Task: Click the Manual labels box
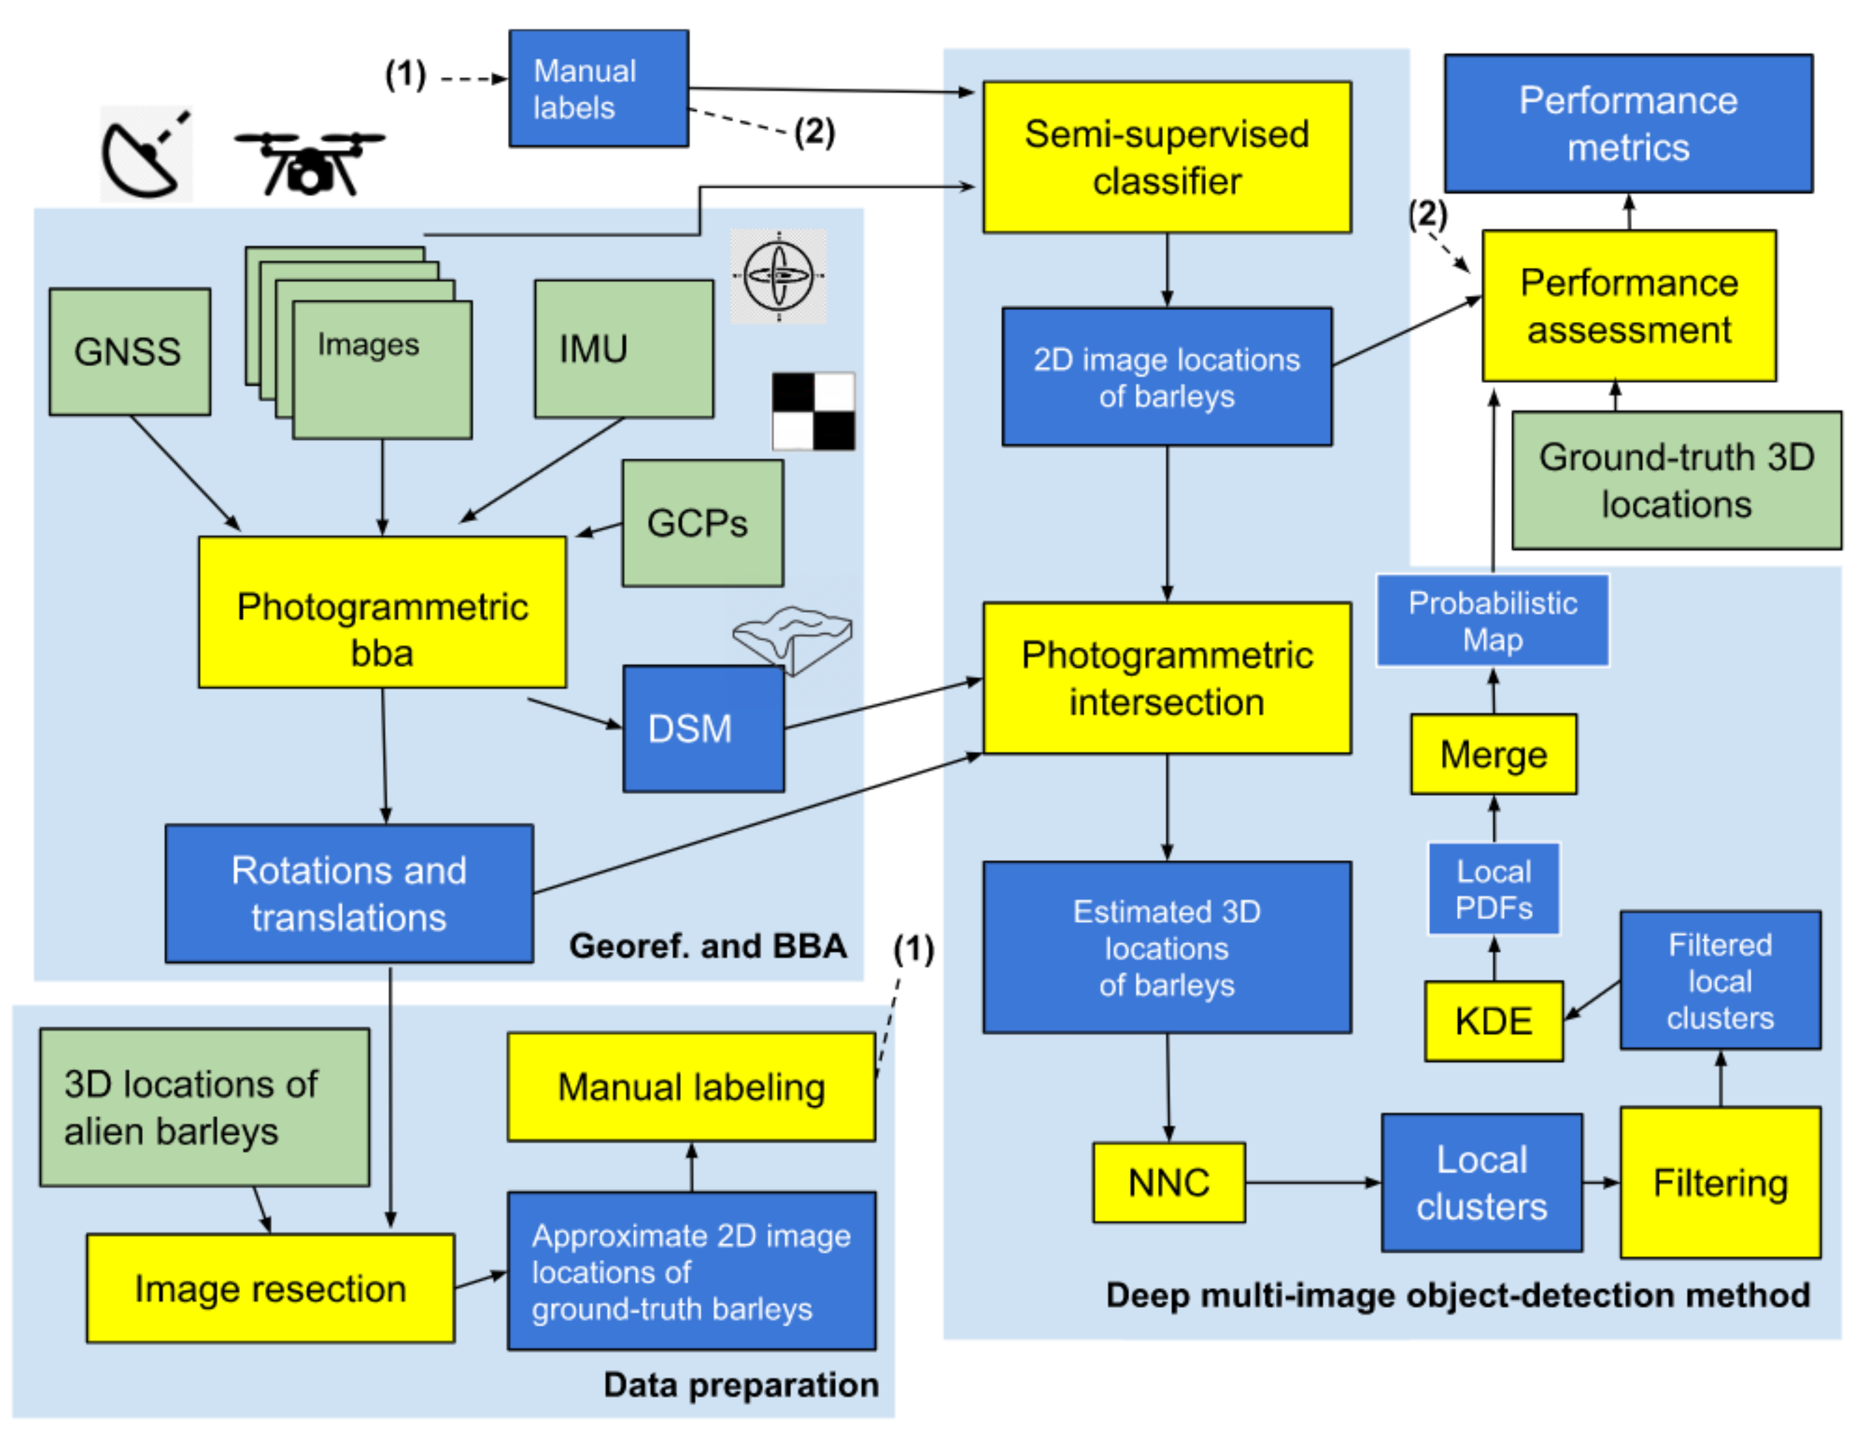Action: pyautogui.click(x=599, y=89)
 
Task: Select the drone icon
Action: pyautogui.click(x=310, y=162)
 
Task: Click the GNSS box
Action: pyautogui.click(x=129, y=351)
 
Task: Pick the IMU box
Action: pyautogui.click(x=623, y=349)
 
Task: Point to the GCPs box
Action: pyautogui.click(x=703, y=523)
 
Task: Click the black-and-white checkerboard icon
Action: pyautogui.click(x=813, y=410)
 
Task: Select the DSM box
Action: pyautogui.click(x=703, y=728)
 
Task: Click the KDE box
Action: pyautogui.click(x=1493, y=1021)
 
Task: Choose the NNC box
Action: pyautogui.click(x=1168, y=1183)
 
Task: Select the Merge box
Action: pyautogui.click(x=1493, y=754)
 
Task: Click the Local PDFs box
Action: pyautogui.click(x=1493, y=889)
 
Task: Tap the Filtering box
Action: pyautogui.click(x=1719, y=1183)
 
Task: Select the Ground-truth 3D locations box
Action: pyautogui.click(x=1676, y=480)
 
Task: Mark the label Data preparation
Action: pyautogui.click(x=740, y=1385)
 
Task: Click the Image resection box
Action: pyautogui.click(x=271, y=1289)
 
